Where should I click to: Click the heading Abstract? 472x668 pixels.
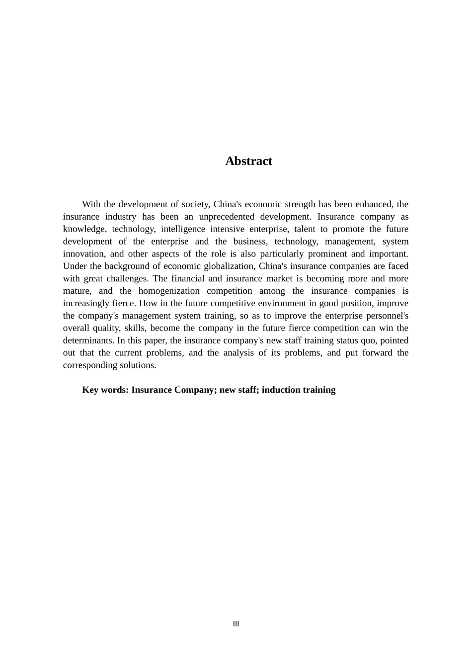(248, 161)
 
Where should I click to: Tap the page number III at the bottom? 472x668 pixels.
(236, 624)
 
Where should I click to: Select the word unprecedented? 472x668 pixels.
(227, 217)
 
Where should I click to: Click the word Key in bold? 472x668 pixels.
(90, 390)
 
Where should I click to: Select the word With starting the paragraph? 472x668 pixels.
(91, 204)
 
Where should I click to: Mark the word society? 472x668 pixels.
(196, 204)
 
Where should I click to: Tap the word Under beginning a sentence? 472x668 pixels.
(75, 266)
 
